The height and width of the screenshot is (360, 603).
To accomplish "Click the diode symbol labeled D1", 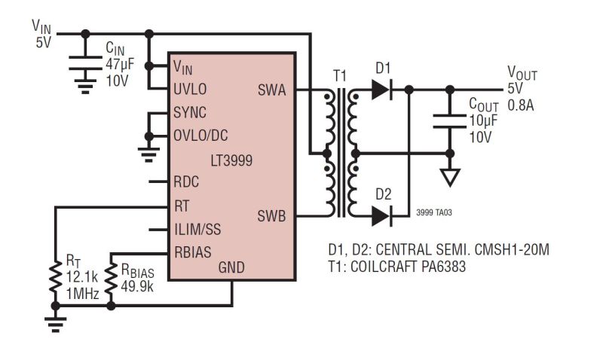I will coord(381,90).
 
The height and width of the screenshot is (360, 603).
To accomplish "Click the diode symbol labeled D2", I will coord(381,216).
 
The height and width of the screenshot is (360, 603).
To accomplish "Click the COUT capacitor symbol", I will coord(450,120).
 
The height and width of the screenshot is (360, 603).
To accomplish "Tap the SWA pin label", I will coord(271,90).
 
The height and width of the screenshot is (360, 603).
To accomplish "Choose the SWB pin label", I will coord(271,216).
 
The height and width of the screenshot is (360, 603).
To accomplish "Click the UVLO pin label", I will coord(190,89).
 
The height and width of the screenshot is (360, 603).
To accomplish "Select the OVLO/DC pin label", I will coord(200,136).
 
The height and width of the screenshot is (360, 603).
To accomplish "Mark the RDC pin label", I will coord(186,182).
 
